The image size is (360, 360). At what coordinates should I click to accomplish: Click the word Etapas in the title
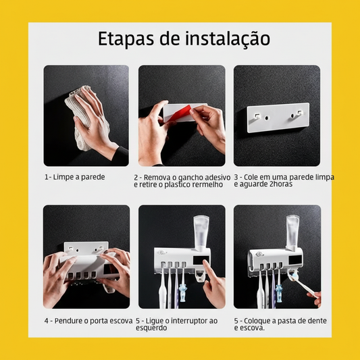coord(126,39)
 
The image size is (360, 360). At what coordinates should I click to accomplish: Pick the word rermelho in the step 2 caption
coord(209,184)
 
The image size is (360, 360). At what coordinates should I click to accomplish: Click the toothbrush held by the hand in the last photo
coord(303,288)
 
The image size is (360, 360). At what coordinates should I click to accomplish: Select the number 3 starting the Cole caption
coord(236,177)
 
